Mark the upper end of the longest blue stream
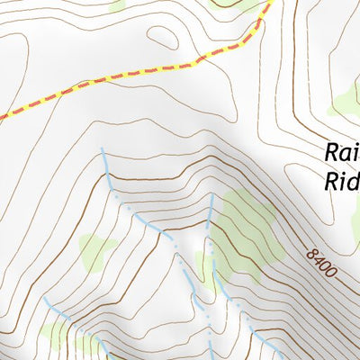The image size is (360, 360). [x=102, y=148]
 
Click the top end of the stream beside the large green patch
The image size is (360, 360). [x=212, y=195]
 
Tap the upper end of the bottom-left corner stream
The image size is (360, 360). [x=43, y=297]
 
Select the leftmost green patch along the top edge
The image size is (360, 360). [x=115, y=4]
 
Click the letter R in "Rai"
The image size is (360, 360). [x=329, y=153]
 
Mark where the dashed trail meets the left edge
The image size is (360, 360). [x=2, y=116]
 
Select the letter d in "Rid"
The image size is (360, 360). [x=355, y=181]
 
